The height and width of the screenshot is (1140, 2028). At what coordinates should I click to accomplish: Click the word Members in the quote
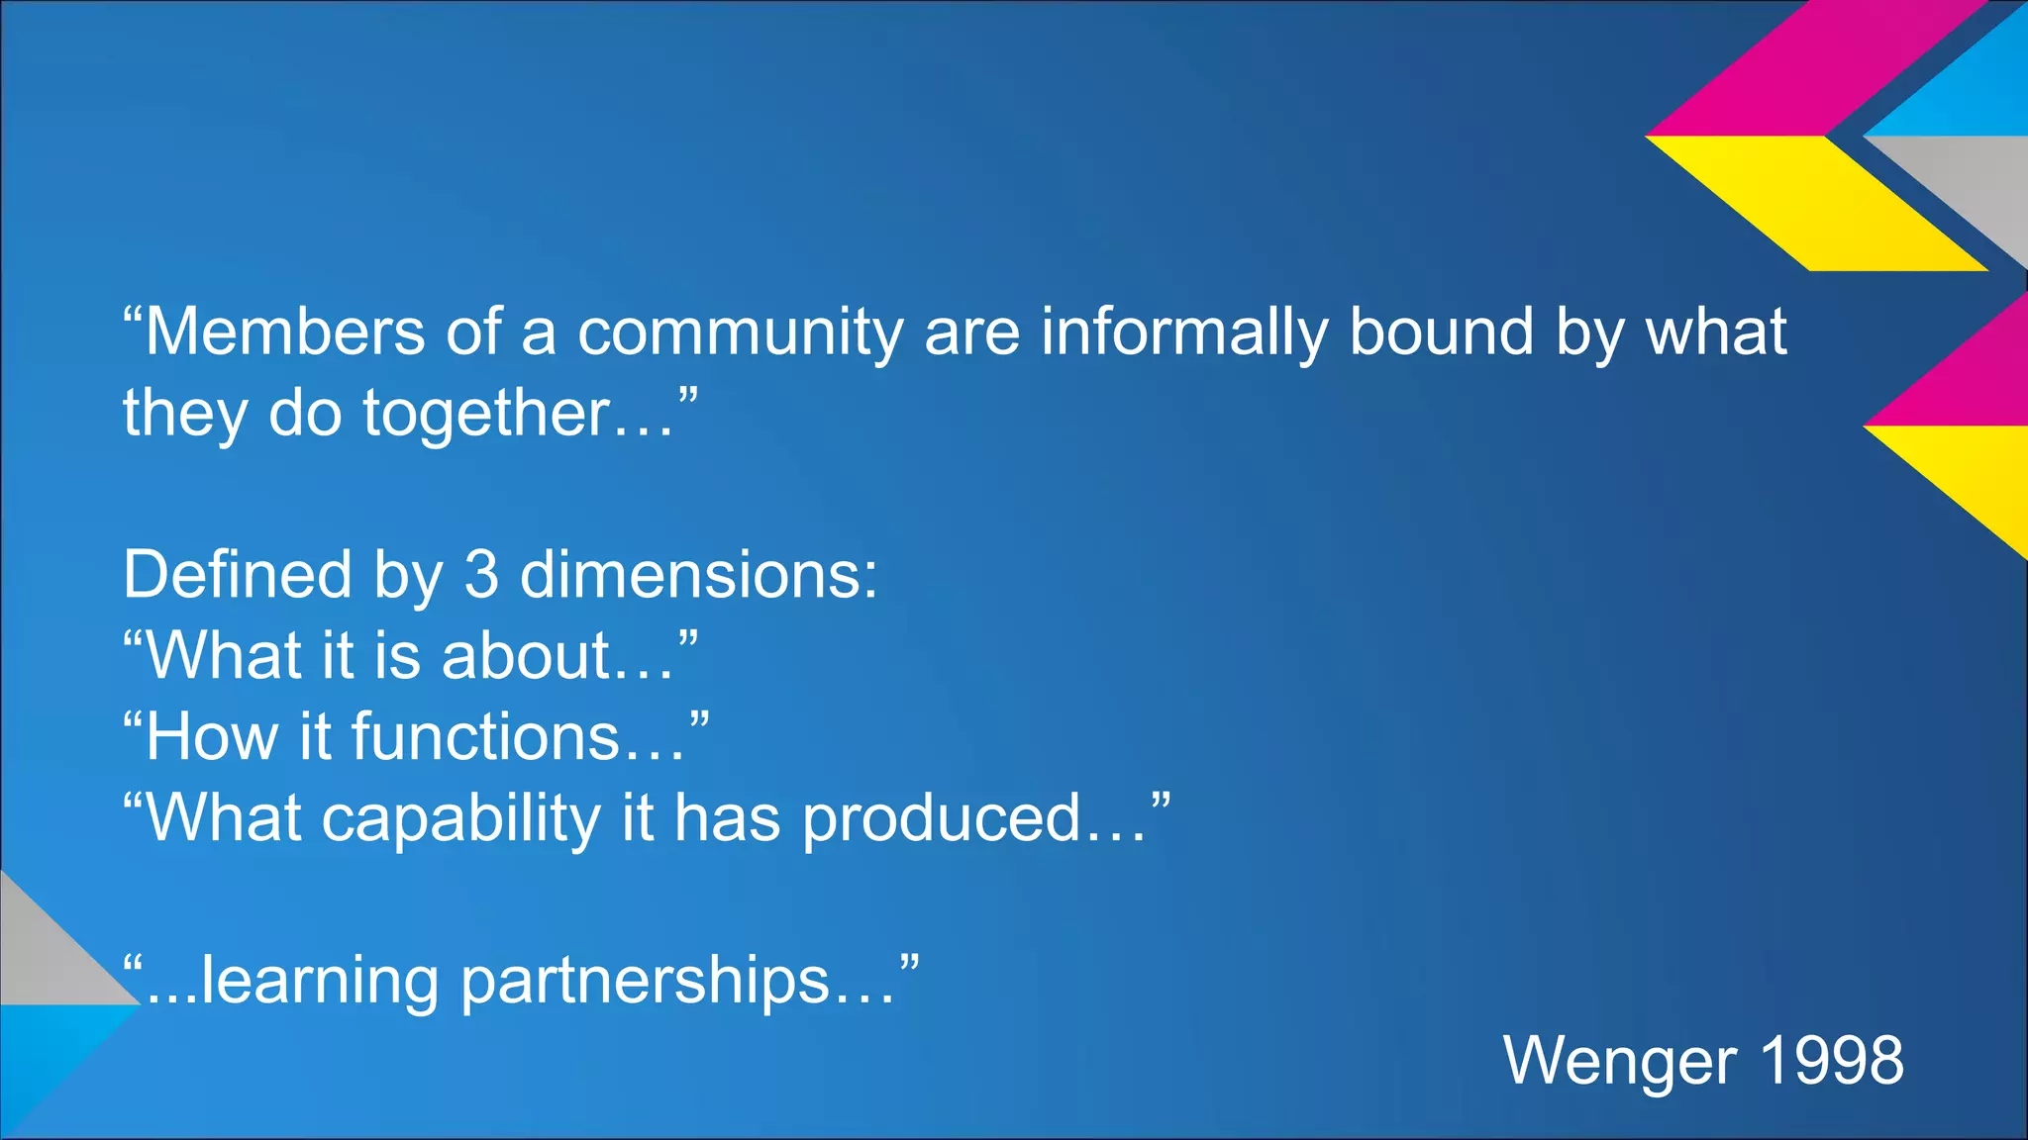point(285,332)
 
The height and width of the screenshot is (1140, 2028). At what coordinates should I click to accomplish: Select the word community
point(740,333)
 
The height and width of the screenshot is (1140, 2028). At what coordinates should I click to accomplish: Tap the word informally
point(1184,333)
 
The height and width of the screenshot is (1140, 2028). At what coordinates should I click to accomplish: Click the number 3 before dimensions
point(481,575)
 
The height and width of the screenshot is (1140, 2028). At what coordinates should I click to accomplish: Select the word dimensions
point(698,575)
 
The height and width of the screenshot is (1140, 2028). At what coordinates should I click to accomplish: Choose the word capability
point(460,820)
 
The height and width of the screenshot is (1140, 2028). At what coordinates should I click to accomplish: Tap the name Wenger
point(1620,1061)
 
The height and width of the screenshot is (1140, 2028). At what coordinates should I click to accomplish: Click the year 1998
point(1832,1061)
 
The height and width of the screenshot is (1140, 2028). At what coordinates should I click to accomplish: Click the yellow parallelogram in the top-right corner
point(1817,203)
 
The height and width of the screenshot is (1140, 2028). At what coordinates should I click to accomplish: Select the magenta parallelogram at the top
point(1817,67)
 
